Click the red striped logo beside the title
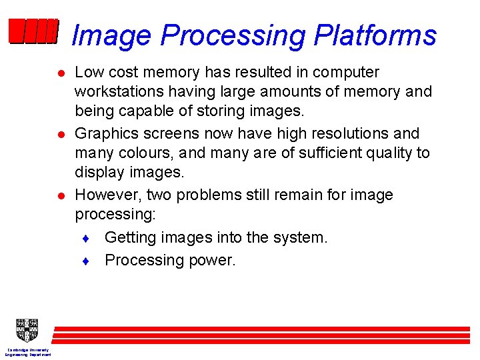point(33,31)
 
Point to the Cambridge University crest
point(27,330)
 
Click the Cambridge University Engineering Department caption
point(27,352)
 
